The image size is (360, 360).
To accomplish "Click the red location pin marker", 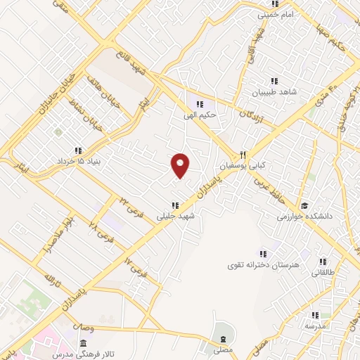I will (181, 165).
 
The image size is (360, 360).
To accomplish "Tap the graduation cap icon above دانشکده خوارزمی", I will (304, 206).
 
